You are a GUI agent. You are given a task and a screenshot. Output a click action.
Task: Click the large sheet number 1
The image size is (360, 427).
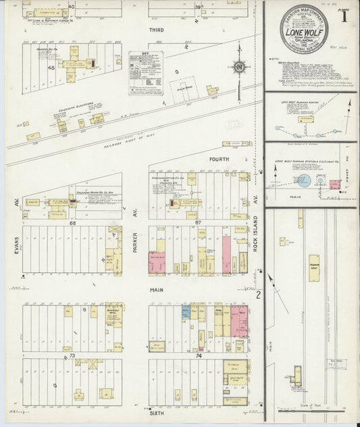coord(344,18)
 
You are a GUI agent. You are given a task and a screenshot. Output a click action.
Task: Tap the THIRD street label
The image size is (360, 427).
coord(157,30)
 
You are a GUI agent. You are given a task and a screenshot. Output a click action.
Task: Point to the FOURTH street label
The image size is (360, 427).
coord(220,159)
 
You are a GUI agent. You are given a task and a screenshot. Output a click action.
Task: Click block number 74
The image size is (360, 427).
coord(198,355)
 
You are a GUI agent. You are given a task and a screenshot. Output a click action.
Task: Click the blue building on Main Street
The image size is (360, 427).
coord(184,313)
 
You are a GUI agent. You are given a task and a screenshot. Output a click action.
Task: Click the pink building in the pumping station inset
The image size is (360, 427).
coord(335,184)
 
